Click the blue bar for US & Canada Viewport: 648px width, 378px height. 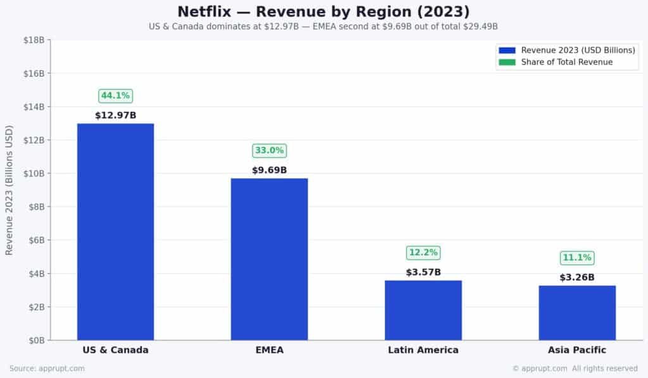pyautogui.click(x=115, y=231)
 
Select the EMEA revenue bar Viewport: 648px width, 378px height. pyautogui.click(x=269, y=259)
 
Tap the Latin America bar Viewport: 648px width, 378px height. pyautogui.click(x=423, y=310)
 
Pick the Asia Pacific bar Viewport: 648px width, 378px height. pyautogui.click(x=577, y=312)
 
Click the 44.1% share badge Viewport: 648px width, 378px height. pyautogui.click(x=115, y=96)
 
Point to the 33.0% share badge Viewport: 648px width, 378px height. pyautogui.click(x=270, y=150)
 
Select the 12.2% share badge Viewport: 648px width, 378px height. pyautogui.click(x=423, y=253)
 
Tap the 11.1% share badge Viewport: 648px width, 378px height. pyautogui.click(x=577, y=258)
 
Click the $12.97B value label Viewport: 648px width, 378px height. pyautogui.click(x=115, y=116)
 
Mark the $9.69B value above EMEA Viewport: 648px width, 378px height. pyautogui.click(x=270, y=170)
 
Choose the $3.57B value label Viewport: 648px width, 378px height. pyautogui.click(x=423, y=272)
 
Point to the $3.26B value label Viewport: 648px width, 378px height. pyautogui.click(x=577, y=277)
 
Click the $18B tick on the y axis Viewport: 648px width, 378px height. pyautogui.click(x=34, y=40)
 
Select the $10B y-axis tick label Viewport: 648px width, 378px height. pyautogui.click(x=34, y=173)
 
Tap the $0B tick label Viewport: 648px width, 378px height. pyautogui.click(x=35, y=340)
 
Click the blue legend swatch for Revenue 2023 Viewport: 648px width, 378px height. pyautogui.click(x=507, y=50)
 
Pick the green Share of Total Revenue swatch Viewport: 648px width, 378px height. pyautogui.click(x=507, y=62)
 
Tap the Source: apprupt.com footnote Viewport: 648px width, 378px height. pyautogui.click(x=47, y=369)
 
